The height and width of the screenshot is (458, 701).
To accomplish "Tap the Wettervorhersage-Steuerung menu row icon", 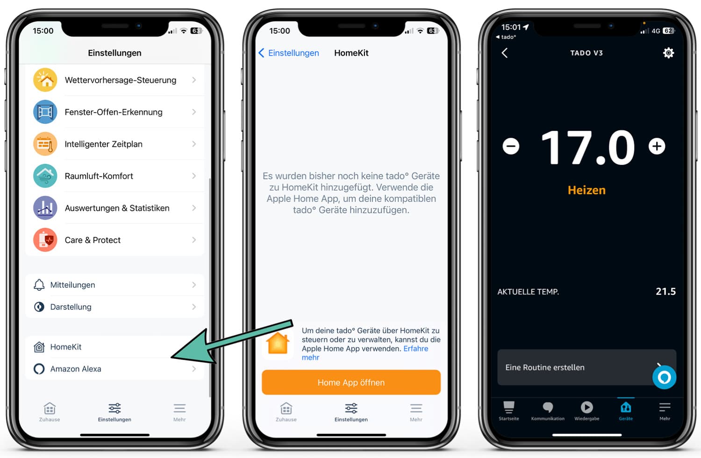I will click(x=45, y=80).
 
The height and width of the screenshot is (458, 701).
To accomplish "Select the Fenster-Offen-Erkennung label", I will click(x=114, y=112).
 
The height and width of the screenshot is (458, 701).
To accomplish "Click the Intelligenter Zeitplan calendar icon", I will click(x=45, y=144).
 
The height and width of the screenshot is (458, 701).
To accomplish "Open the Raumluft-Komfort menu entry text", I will click(x=99, y=176).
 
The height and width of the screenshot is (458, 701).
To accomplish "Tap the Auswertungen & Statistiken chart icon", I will click(x=45, y=208).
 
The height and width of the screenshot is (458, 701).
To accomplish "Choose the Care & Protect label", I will click(x=93, y=240).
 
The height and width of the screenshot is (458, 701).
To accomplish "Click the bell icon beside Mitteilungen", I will click(x=39, y=285).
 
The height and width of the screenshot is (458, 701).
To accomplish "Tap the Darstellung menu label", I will click(x=71, y=307).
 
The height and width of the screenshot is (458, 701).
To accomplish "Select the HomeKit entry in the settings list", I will click(x=66, y=347).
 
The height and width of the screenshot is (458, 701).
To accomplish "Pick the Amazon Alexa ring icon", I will click(x=39, y=369).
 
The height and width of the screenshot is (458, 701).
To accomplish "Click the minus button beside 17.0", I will click(x=511, y=146).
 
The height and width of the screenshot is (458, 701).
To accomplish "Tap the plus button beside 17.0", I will click(x=657, y=146).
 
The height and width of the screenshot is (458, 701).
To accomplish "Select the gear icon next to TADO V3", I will click(x=668, y=53).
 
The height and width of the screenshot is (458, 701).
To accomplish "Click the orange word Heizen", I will click(x=587, y=190).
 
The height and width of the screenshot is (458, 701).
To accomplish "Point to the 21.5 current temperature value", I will click(x=665, y=292).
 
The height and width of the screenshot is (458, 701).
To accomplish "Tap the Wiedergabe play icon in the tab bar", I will click(x=587, y=407).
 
